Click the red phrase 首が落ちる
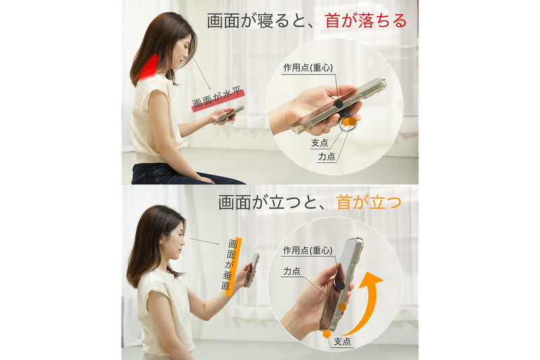366,22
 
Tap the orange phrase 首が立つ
369,203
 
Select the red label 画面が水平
218,99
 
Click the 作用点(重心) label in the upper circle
308,68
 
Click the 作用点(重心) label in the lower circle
308,251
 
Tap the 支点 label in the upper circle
319,143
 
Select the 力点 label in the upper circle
327,157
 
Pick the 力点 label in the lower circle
292,272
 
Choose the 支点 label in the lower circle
342,341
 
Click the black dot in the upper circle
340,104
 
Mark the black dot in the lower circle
341,286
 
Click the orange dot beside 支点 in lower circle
326,334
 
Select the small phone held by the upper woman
228,115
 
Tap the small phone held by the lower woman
252,270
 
